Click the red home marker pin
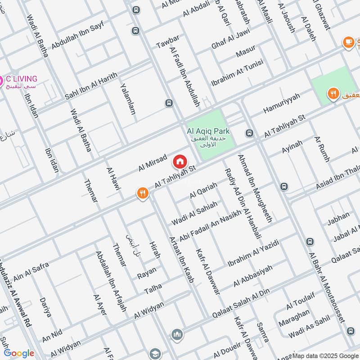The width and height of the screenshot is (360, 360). (180, 161)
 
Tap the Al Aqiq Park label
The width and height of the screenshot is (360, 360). (208, 131)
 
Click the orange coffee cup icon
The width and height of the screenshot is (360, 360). (348, 43)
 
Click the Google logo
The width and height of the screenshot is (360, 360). (19, 353)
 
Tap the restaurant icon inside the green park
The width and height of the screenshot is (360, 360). (333, 94)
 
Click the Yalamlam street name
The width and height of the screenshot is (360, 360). (128, 99)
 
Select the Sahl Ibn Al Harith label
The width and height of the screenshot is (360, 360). (91, 86)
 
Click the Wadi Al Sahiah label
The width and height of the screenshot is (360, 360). (194, 213)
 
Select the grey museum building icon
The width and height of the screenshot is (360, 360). (177, 335)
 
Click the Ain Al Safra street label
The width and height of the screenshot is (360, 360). (31, 271)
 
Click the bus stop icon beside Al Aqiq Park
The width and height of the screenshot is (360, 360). (249, 133)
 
